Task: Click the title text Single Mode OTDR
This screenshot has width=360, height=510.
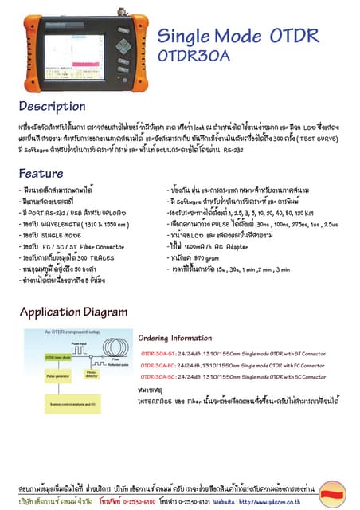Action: (x=237, y=36)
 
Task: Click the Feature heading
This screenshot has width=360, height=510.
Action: (x=41, y=174)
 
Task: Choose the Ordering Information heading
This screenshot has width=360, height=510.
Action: (x=180, y=338)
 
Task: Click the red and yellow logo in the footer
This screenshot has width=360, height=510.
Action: (x=331, y=496)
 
